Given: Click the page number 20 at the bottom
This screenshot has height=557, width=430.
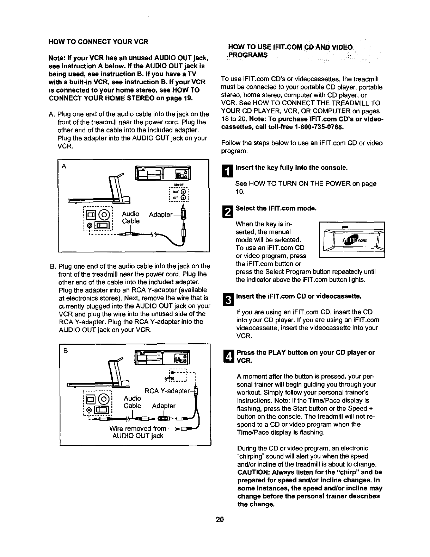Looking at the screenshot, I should [220, 520].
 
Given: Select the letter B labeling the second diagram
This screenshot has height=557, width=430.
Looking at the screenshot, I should [66, 351].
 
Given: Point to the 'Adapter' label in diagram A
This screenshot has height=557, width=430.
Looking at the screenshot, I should [161, 215].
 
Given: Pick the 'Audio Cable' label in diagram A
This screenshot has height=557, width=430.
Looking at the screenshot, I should [131, 218].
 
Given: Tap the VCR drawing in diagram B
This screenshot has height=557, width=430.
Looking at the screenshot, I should [162, 359].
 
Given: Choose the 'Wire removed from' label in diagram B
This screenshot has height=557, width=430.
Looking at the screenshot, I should [137, 428].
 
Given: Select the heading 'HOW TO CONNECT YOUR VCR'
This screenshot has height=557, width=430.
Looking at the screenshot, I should [98, 42].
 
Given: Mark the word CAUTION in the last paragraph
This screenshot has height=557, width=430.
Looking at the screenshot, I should [253, 472].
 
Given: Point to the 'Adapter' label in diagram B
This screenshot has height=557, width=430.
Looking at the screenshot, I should [164, 406].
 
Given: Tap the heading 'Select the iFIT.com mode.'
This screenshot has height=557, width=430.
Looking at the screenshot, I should [276, 208].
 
